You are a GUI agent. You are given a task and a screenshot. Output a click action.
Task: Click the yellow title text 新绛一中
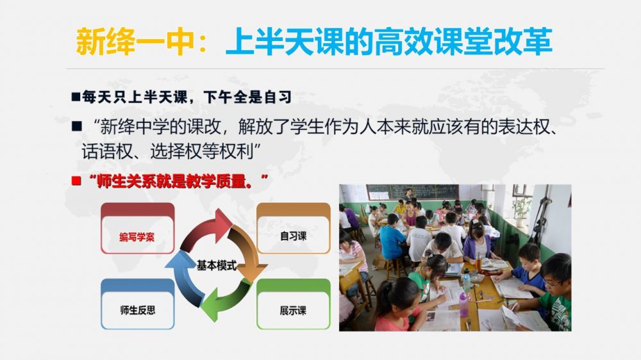pos(135,42)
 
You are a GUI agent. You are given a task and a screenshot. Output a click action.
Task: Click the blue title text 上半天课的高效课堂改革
pos(389,42)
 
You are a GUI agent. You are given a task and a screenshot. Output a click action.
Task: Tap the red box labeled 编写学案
pos(137,229)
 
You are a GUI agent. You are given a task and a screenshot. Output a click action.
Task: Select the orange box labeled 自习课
pos(293,229)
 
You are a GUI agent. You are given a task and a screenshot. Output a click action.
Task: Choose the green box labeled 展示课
pos(293,304)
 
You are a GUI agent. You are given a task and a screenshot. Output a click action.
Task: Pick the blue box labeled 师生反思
pos(137,304)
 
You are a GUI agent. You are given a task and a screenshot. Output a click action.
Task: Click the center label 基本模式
pos(216,266)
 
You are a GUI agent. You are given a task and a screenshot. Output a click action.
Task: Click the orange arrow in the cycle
pos(247,254)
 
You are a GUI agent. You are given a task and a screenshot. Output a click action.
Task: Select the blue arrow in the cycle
pos(184,278)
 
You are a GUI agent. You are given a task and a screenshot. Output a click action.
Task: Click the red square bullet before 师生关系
pos(76,181)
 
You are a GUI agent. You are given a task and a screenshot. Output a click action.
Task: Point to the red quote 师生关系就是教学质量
pos(178,181)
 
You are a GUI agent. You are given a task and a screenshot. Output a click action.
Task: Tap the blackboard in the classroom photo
pos(413,192)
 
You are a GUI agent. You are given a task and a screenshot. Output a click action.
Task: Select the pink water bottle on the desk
pos(463,304)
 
